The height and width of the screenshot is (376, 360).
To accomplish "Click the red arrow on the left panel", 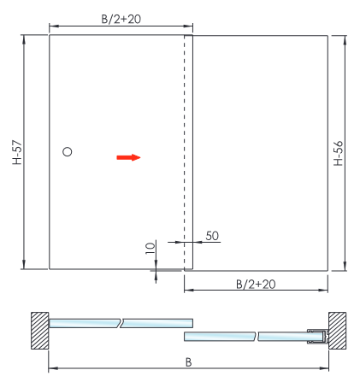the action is (128, 157).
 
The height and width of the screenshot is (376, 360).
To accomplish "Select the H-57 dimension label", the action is (17, 152).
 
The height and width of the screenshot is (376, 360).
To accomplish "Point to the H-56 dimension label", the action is (339, 153).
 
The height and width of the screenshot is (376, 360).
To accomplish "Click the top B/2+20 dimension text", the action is (121, 19).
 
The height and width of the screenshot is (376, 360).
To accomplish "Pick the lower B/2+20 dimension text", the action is (256, 285).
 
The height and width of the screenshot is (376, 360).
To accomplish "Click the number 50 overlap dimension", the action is (212, 236).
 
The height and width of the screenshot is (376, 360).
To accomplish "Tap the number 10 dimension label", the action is (150, 248).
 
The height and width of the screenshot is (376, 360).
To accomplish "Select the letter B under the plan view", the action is (188, 362).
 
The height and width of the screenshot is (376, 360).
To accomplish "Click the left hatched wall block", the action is (40, 331).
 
